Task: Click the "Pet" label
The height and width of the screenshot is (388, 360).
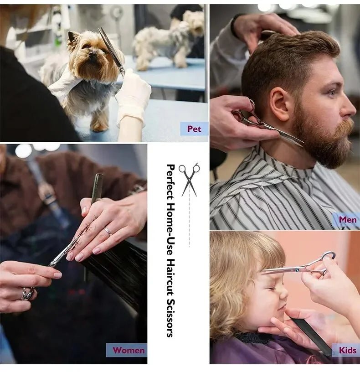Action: point(194,129)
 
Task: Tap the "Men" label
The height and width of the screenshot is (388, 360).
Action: point(348,219)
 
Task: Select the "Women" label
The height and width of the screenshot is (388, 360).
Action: point(129,350)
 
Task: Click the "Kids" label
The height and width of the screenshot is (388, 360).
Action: point(348,350)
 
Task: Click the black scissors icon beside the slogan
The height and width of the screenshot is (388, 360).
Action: point(189,180)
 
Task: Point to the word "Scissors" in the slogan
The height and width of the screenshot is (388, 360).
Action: point(170,318)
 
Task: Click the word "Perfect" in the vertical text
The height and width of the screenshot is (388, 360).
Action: point(170,181)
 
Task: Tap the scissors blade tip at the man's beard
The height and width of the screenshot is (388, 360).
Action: point(303,145)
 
